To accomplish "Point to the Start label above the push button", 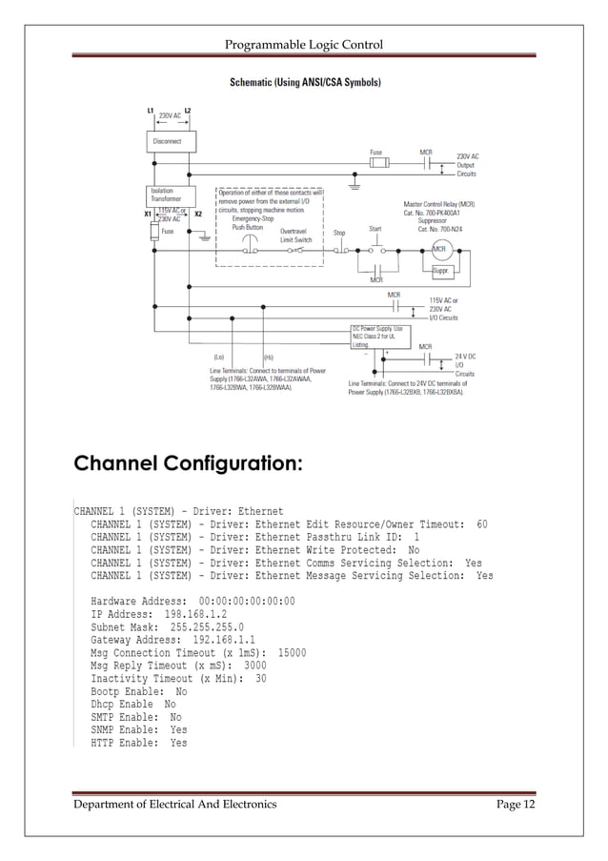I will [375, 229].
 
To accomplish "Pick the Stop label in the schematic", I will [339, 232].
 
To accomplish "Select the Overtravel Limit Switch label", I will [295, 236].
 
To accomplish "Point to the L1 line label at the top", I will [151, 111].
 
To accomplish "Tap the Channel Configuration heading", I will [189, 464].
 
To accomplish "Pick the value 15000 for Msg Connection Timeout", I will [291, 653].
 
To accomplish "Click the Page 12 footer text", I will [517, 805].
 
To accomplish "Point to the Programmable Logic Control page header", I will [303, 45].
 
